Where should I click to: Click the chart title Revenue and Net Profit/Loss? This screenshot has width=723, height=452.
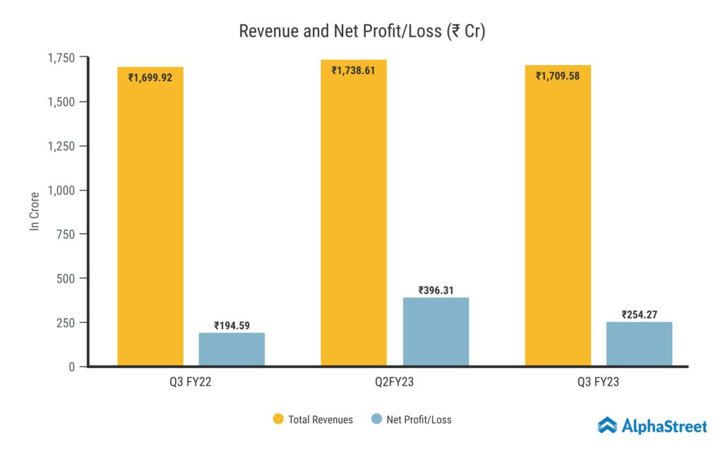361,32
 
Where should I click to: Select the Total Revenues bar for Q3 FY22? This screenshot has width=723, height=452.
150,219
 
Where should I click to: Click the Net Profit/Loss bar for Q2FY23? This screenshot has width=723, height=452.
436,331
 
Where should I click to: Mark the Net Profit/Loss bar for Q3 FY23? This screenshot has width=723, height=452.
639,343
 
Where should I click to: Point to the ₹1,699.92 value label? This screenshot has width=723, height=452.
150,78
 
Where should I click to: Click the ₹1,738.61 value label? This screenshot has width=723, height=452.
354,71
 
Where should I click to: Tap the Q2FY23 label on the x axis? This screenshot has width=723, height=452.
395,383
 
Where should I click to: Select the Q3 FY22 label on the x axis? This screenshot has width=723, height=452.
191,383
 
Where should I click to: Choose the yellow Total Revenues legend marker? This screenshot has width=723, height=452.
278,420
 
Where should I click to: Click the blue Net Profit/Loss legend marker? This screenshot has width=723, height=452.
376,420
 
